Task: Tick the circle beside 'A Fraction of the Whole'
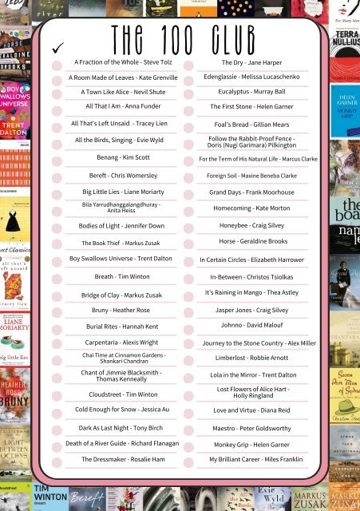57,63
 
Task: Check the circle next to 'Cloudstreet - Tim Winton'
57,394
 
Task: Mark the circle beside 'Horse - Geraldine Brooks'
189,243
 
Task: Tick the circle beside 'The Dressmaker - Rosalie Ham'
57,461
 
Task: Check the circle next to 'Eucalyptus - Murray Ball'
189,93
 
